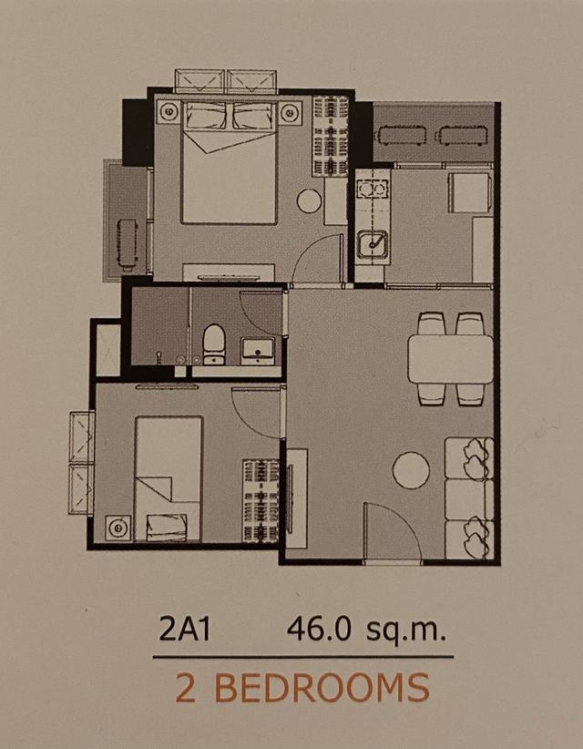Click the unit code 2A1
click(x=184, y=630)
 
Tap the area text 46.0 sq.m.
click(x=366, y=630)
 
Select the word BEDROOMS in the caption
click(x=322, y=688)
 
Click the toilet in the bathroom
click(x=214, y=344)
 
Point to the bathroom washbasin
click(x=258, y=351)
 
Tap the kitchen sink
click(x=373, y=244)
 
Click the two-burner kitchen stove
click(x=372, y=190)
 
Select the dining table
click(x=450, y=359)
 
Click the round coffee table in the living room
click(x=411, y=470)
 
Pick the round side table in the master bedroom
click(x=309, y=201)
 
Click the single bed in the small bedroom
click(x=169, y=478)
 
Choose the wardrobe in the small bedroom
click(x=261, y=501)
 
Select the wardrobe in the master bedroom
click(x=330, y=136)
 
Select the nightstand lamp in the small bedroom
click(x=118, y=528)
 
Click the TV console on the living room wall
click(x=297, y=498)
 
